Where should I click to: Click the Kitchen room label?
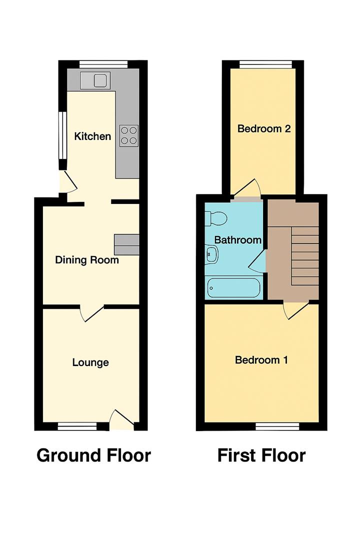(x=92, y=136)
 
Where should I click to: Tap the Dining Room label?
(x=87, y=260)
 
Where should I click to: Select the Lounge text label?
(x=90, y=362)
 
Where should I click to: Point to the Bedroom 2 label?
(x=264, y=128)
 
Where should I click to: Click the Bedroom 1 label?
(x=261, y=360)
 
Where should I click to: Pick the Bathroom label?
(x=238, y=240)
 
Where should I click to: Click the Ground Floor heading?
(x=93, y=455)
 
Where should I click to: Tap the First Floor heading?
(x=261, y=455)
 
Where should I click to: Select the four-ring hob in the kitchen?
(x=128, y=135)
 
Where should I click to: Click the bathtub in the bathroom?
(x=233, y=287)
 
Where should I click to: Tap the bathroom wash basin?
(x=211, y=254)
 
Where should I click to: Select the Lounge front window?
(x=77, y=426)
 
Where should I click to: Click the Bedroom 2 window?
(x=264, y=63)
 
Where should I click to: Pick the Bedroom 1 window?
(x=277, y=426)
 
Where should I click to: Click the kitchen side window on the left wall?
(x=62, y=135)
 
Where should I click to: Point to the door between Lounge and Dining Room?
(x=91, y=312)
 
